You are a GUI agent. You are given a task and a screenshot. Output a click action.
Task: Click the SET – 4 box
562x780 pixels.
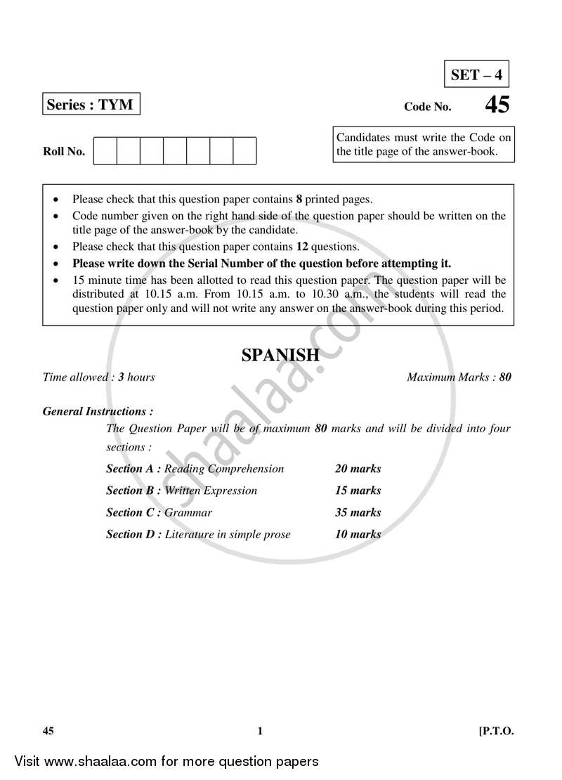pos(477,74)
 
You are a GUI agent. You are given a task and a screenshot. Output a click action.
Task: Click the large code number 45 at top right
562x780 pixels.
pos(497,105)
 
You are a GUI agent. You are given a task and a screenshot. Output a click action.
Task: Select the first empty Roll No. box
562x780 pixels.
pos(105,151)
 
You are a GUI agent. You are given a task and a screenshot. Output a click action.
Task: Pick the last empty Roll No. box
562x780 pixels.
pos(244,151)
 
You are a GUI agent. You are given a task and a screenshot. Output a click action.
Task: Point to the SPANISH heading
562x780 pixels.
pos(280,356)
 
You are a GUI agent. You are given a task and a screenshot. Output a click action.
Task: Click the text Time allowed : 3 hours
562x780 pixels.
pos(98,377)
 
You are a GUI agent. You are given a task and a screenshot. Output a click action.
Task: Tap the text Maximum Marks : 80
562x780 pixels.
pos(459,377)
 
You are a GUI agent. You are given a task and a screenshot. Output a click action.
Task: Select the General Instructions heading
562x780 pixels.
pos(98,412)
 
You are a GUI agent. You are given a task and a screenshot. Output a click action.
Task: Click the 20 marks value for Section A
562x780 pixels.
pos(358,469)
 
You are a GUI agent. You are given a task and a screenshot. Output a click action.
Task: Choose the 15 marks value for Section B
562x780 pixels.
pos(358,490)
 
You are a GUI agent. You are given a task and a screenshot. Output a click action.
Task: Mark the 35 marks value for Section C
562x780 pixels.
pos(358,512)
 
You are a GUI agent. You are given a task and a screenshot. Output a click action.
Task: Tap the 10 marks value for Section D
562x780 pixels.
pos(358,534)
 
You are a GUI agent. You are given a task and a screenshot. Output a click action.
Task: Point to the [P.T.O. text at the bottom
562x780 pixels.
pos(497,731)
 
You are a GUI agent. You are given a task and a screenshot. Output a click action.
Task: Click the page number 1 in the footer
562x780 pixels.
pos(260,731)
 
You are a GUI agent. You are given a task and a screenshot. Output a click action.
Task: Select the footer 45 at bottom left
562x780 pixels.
pos(48,731)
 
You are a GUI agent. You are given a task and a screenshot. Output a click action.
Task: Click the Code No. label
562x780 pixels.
pos(428,108)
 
